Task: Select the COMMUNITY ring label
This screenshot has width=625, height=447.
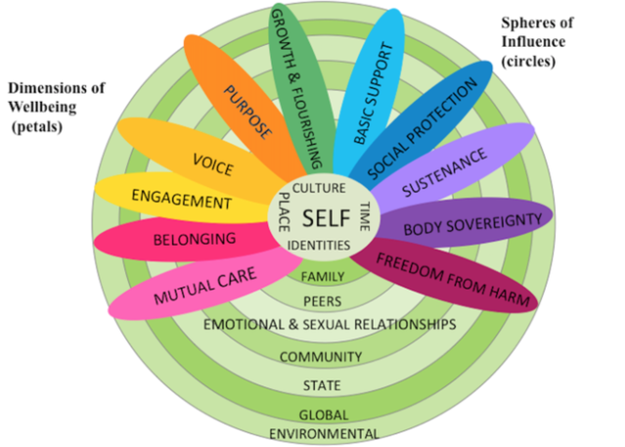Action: click(x=321, y=356)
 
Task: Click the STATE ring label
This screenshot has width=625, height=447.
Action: click(x=322, y=384)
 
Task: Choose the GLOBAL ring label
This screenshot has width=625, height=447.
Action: click(x=323, y=414)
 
